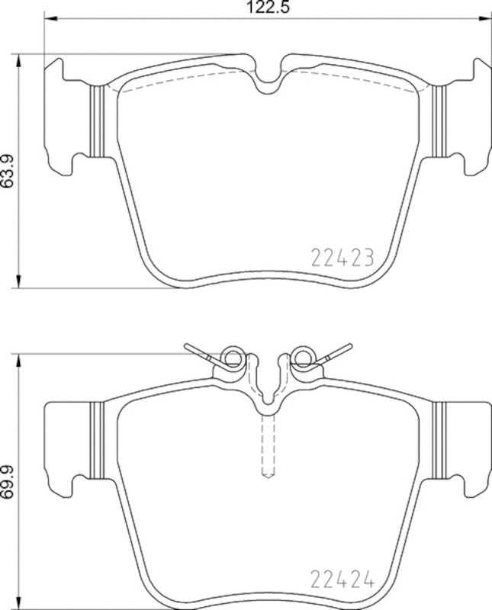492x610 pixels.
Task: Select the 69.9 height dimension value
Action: tap(8, 480)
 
